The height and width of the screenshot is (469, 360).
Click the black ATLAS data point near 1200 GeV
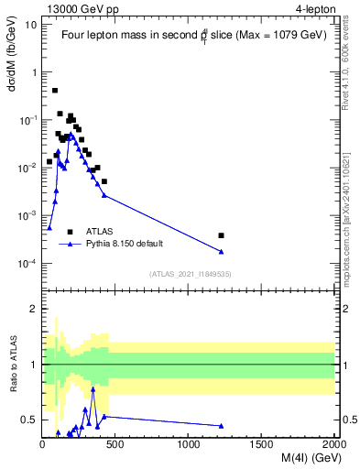pyautogui.click(x=222, y=235)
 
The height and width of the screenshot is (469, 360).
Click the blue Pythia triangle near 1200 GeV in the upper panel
pyautogui.click(x=222, y=252)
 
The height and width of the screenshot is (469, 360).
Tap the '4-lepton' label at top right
pyautogui.click(x=314, y=7)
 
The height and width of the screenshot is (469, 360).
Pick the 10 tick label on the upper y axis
pyautogui.click(x=31, y=25)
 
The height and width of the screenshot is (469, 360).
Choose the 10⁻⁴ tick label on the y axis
pyautogui.click(x=27, y=264)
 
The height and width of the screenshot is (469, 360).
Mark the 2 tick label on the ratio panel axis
pyautogui.click(x=34, y=309)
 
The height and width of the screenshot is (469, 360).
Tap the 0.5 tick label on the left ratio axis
pyautogui.click(x=30, y=420)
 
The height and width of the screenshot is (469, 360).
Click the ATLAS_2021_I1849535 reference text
pyautogui.click(x=188, y=274)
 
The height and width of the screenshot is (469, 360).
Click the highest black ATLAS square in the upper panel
pyautogui.click(x=55, y=91)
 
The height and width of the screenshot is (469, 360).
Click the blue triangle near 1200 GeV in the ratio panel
pyautogui.click(x=222, y=426)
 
